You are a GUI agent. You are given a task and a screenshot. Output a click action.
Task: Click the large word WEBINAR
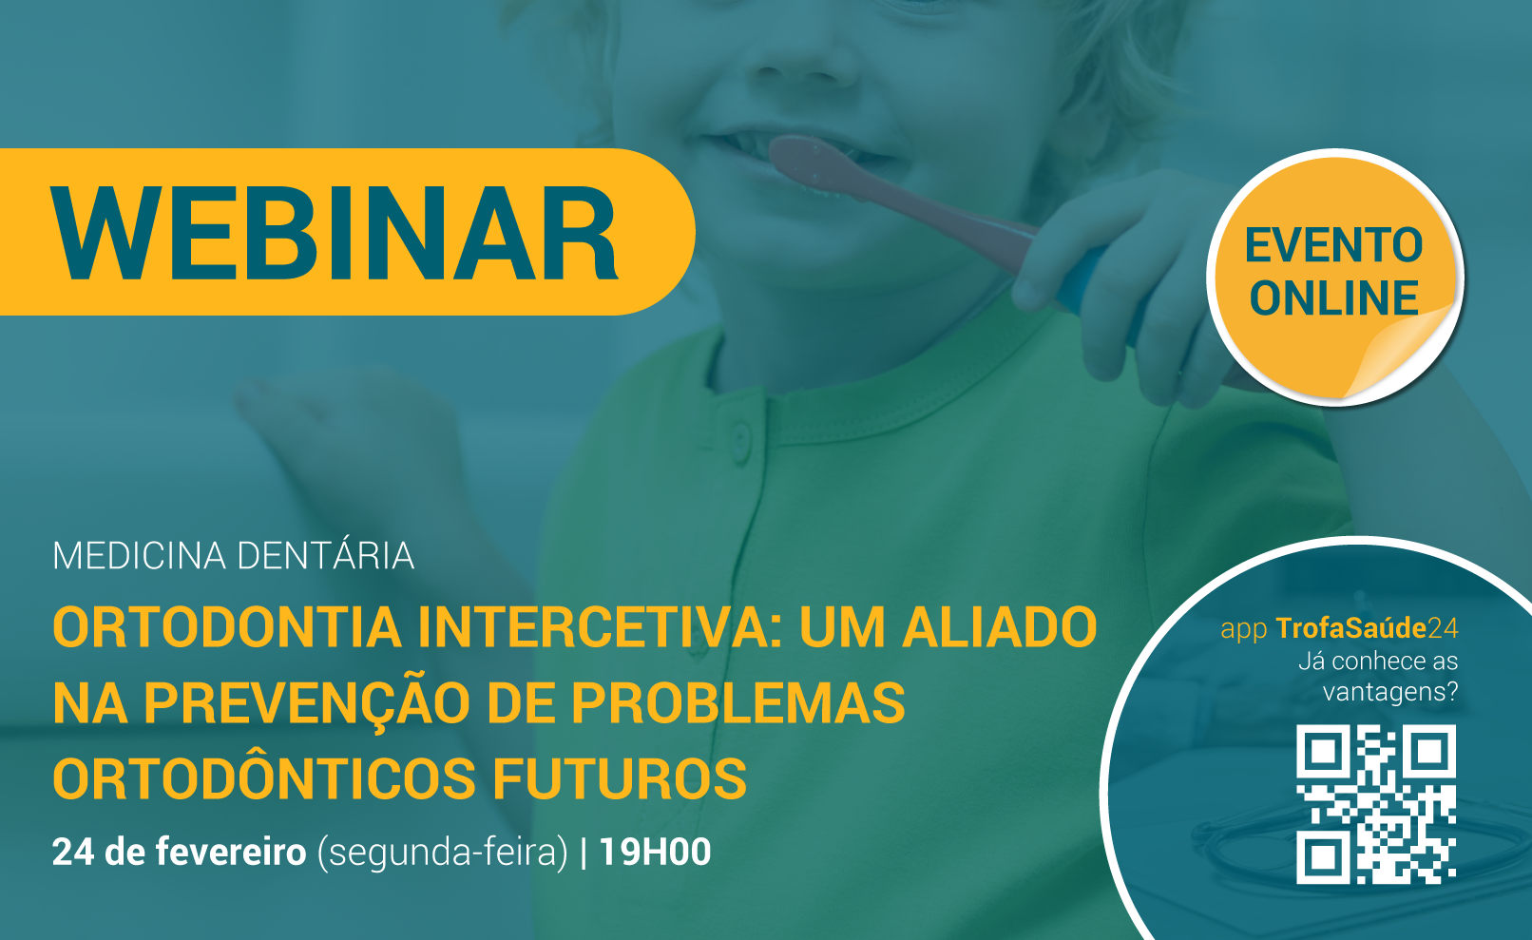click(x=335, y=234)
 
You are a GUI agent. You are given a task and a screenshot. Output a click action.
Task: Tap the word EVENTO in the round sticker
click(x=1333, y=245)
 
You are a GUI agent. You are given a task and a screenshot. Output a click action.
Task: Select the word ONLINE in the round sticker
click(x=1333, y=298)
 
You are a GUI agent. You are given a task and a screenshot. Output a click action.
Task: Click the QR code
click(x=1376, y=804)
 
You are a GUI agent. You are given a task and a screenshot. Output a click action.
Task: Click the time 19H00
click(x=655, y=853)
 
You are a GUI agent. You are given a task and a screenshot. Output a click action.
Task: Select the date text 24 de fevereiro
click(x=180, y=853)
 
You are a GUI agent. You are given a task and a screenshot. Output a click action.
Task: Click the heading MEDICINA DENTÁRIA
click(x=233, y=555)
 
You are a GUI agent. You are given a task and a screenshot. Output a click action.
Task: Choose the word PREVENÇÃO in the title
click(x=309, y=704)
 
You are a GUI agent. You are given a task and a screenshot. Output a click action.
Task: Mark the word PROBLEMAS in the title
click(x=737, y=703)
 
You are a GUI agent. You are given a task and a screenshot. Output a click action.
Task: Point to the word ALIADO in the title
click(x=1000, y=627)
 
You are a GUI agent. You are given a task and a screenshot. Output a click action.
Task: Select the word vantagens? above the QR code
click(x=1390, y=692)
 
